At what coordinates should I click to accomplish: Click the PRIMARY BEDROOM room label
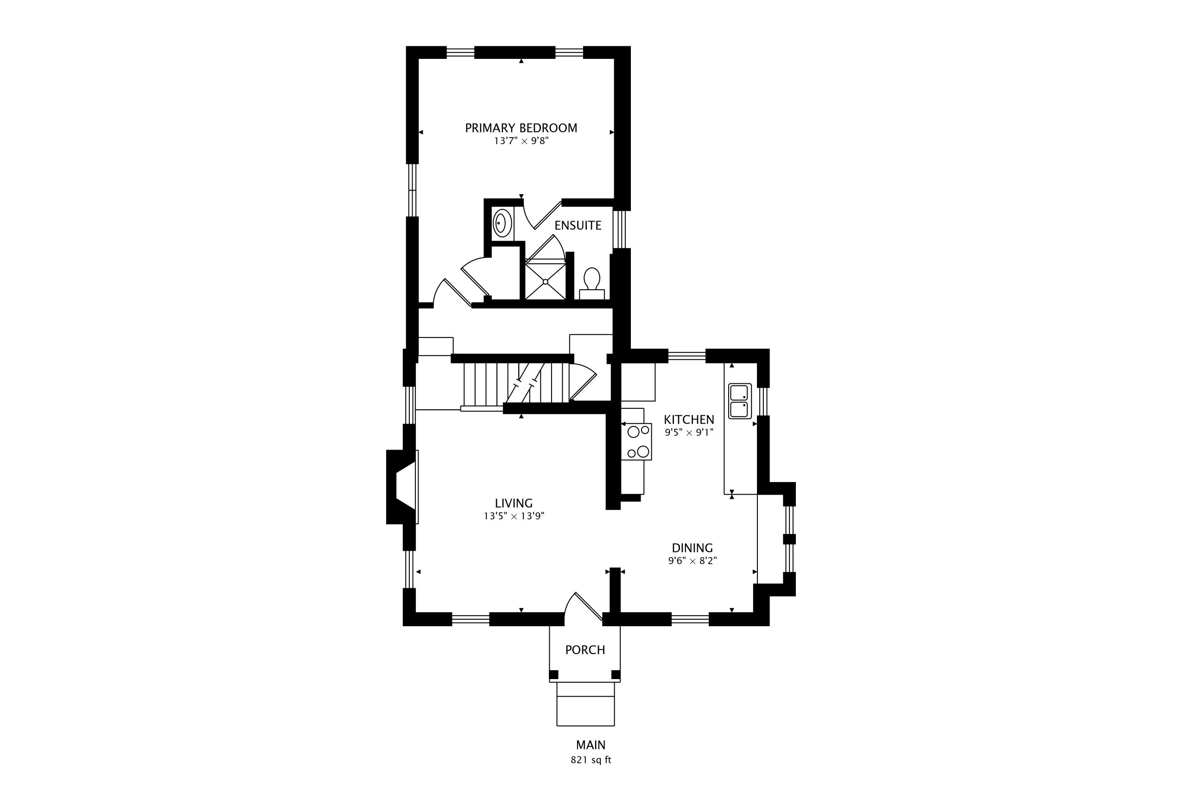pyautogui.click(x=521, y=128)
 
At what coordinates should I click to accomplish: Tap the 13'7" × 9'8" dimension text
pyautogui.click(x=521, y=141)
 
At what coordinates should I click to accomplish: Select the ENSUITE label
pyautogui.click(x=578, y=226)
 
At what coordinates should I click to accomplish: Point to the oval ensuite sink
pyautogui.click(x=501, y=223)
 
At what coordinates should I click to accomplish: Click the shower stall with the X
pyautogui.click(x=545, y=281)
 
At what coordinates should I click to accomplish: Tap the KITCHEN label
pyautogui.click(x=688, y=419)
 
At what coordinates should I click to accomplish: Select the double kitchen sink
pyautogui.click(x=740, y=401)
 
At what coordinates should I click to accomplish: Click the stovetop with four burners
pyautogui.click(x=637, y=442)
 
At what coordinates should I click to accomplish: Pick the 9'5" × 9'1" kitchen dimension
pyautogui.click(x=689, y=432)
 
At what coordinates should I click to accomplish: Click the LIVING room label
pyautogui.click(x=514, y=503)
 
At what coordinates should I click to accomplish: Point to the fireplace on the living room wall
pyautogui.click(x=402, y=487)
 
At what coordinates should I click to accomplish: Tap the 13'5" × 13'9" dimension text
pyautogui.click(x=514, y=516)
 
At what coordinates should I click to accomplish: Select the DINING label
pyautogui.click(x=692, y=548)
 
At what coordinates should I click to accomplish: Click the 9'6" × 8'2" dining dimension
pyautogui.click(x=692, y=561)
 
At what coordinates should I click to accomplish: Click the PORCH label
pyautogui.click(x=585, y=650)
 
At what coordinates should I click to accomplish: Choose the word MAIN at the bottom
pyautogui.click(x=591, y=745)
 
